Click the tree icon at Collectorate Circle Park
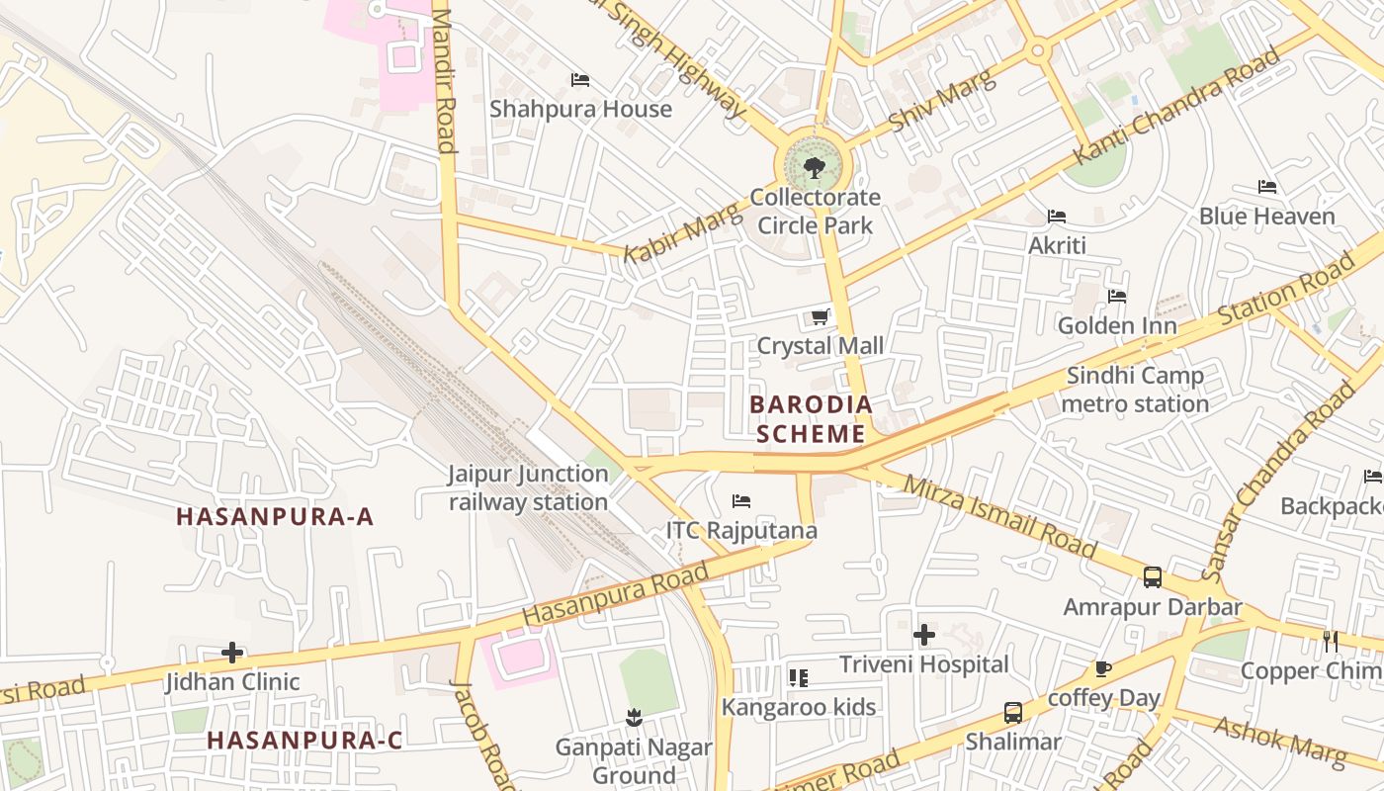(x=815, y=167)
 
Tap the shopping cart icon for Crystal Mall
(x=820, y=317)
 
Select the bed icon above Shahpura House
(x=580, y=80)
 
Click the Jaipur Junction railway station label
(x=528, y=487)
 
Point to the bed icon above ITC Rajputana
(x=741, y=501)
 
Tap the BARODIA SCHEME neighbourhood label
(x=811, y=418)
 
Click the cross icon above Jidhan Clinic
(x=232, y=653)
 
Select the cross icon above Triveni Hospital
(x=924, y=634)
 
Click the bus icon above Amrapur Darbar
(x=1152, y=577)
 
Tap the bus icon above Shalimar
(x=1013, y=712)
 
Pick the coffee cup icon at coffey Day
(x=1103, y=669)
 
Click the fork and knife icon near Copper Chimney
(x=1331, y=642)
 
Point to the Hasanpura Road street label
(x=615, y=593)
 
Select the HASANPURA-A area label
(x=275, y=516)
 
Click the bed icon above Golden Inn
(x=1117, y=296)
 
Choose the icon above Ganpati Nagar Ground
(x=633, y=716)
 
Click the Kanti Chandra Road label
(x=1176, y=107)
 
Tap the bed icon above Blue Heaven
(x=1267, y=187)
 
